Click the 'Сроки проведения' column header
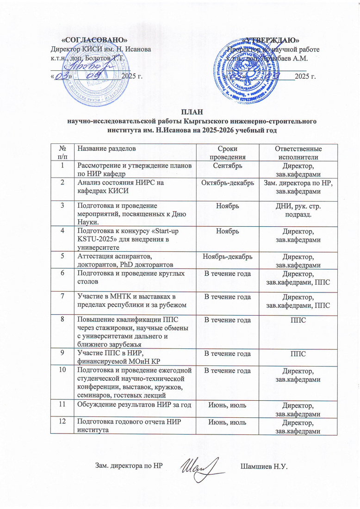point(227,152)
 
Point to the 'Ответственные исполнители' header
point(298,152)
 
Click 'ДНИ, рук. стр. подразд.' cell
point(298,209)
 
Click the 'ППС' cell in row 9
point(298,355)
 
